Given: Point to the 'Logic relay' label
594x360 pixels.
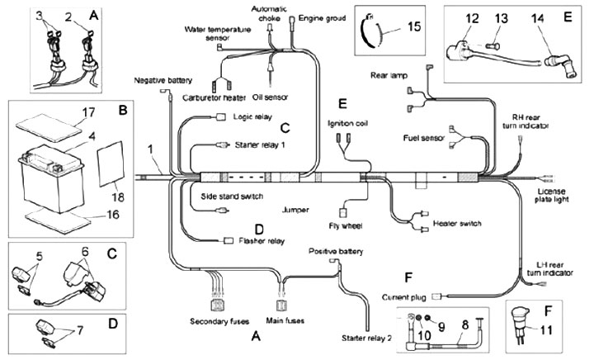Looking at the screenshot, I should (252, 116).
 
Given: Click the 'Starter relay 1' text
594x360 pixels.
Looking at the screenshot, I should (261, 145).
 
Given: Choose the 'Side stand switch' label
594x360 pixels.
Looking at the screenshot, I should (232, 197).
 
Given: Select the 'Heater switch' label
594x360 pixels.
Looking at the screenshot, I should (455, 223).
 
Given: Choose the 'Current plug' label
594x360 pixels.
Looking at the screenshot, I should (405, 295).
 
